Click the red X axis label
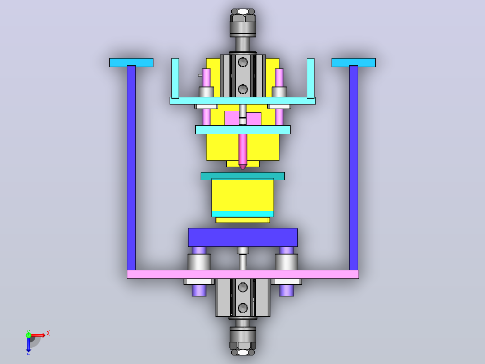click(48, 333)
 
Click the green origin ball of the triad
click(28, 335)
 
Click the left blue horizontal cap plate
click(131, 63)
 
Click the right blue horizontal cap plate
click(354, 63)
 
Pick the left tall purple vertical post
click(131, 168)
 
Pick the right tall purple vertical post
click(354, 168)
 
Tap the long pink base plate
click(243, 274)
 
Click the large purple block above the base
click(243, 237)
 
